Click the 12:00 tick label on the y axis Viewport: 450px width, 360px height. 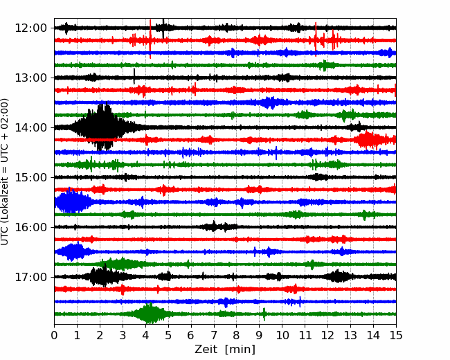[x=30, y=28]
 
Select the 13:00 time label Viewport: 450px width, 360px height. [x=30, y=78]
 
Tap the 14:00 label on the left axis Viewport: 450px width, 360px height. [x=30, y=128]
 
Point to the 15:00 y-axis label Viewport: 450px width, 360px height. [x=30, y=177]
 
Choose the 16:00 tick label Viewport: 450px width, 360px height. [x=30, y=227]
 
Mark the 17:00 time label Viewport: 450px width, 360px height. [x=30, y=277]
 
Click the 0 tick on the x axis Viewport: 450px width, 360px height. [x=54, y=335]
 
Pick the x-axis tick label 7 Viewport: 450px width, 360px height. [x=214, y=335]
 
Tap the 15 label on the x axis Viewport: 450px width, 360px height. [x=396, y=335]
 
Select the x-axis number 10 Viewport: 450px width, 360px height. [x=282, y=335]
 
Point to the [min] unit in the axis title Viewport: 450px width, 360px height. [x=240, y=350]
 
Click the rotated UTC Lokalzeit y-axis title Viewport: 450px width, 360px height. [x=4, y=172]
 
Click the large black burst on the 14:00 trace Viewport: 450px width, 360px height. [x=100, y=126]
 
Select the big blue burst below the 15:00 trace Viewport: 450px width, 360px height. [x=72, y=201]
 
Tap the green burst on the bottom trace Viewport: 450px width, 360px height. [x=150, y=313]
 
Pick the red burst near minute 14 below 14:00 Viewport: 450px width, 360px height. [x=372, y=140]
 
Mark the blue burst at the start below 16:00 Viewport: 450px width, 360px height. [x=73, y=252]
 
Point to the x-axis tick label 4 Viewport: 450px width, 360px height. [x=145, y=335]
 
